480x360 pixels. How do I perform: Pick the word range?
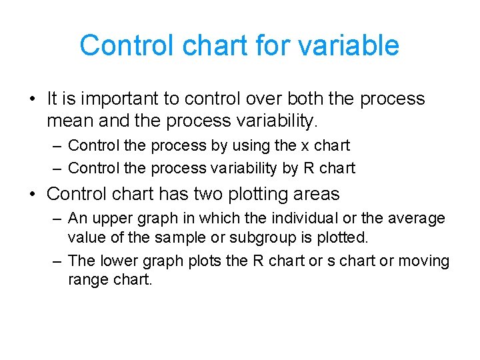87,279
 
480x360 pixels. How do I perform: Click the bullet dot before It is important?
32,100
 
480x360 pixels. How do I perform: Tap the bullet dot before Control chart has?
32,195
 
